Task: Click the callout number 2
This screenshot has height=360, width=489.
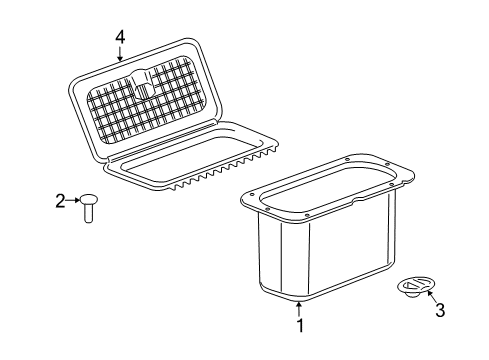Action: (59, 201)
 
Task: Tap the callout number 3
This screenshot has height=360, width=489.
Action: (439, 310)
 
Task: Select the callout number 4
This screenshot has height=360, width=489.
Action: (120, 36)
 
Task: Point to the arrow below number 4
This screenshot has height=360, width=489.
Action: (120, 55)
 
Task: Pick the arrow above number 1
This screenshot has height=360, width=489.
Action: (297, 304)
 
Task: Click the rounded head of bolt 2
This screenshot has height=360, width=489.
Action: (88, 199)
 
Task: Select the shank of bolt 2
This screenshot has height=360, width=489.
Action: (88, 213)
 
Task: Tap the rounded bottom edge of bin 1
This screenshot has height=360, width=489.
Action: (300, 294)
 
